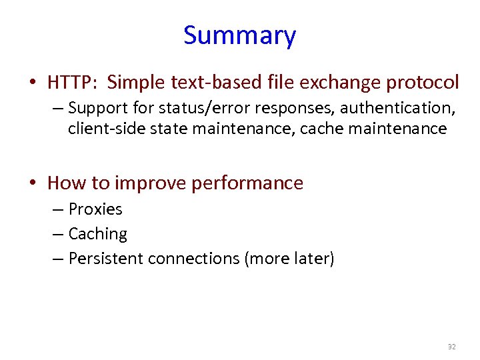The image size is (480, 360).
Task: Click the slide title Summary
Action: (239, 35)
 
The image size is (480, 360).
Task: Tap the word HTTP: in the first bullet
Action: (73, 83)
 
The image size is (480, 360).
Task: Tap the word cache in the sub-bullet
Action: (322, 128)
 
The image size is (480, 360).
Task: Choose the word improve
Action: (152, 183)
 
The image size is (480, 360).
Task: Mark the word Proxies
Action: (95, 209)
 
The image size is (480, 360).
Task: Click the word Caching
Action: (98, 234)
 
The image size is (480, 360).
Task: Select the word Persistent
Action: (106, 258)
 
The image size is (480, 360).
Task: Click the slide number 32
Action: (451, 347)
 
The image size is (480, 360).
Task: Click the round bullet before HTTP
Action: (33, 83)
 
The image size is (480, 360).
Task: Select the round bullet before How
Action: (33, 183)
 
